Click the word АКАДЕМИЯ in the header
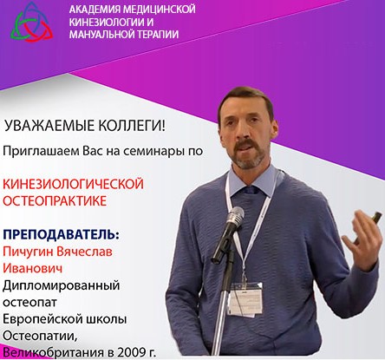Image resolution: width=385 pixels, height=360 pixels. pos(95,10)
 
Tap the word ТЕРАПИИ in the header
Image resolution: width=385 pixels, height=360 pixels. pos(157,35)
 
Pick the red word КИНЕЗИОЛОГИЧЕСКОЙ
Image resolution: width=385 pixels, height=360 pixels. pos(73,184)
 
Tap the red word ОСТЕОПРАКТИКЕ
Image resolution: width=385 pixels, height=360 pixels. pos(55,201)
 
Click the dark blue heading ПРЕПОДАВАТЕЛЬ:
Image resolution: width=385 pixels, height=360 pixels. pos(61,234)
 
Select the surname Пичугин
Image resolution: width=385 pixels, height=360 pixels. pos(28,252)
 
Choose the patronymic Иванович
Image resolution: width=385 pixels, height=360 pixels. pos(32,268)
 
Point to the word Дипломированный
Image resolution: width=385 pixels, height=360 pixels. pos(62,285)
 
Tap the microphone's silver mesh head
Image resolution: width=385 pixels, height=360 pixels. pos(235,215)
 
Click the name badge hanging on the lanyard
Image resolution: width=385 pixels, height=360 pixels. pos(245,299)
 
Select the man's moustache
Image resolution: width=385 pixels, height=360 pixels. pos(245,143)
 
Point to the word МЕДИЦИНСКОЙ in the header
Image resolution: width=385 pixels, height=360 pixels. pos(160,10)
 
